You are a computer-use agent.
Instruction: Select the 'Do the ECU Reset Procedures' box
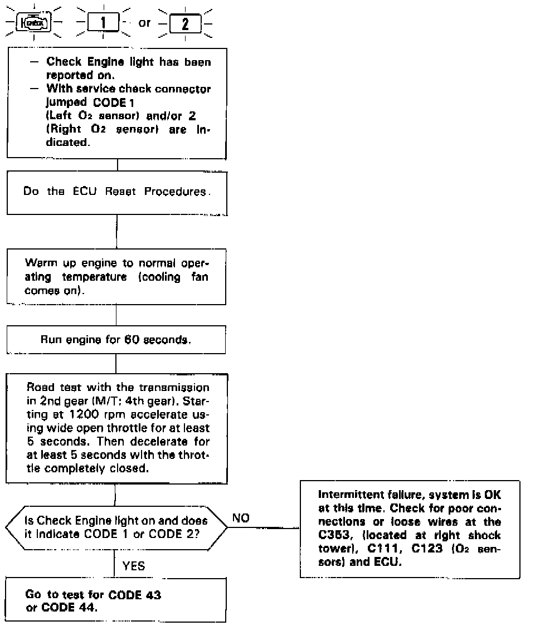pyautogui.click(x=117, y=192)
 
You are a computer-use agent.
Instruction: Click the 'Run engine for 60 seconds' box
pyautogui.click(x=116, y=339)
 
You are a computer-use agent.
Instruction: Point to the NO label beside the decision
pyautogui.click(x=240, y=518)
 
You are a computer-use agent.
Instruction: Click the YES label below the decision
pyautogui.click(x=133, y=566)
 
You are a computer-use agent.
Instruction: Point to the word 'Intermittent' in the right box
pyautogui.click(x=344, y=494)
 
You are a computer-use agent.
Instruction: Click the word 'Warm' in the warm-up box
pyautogui.click(x=37, y=262)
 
